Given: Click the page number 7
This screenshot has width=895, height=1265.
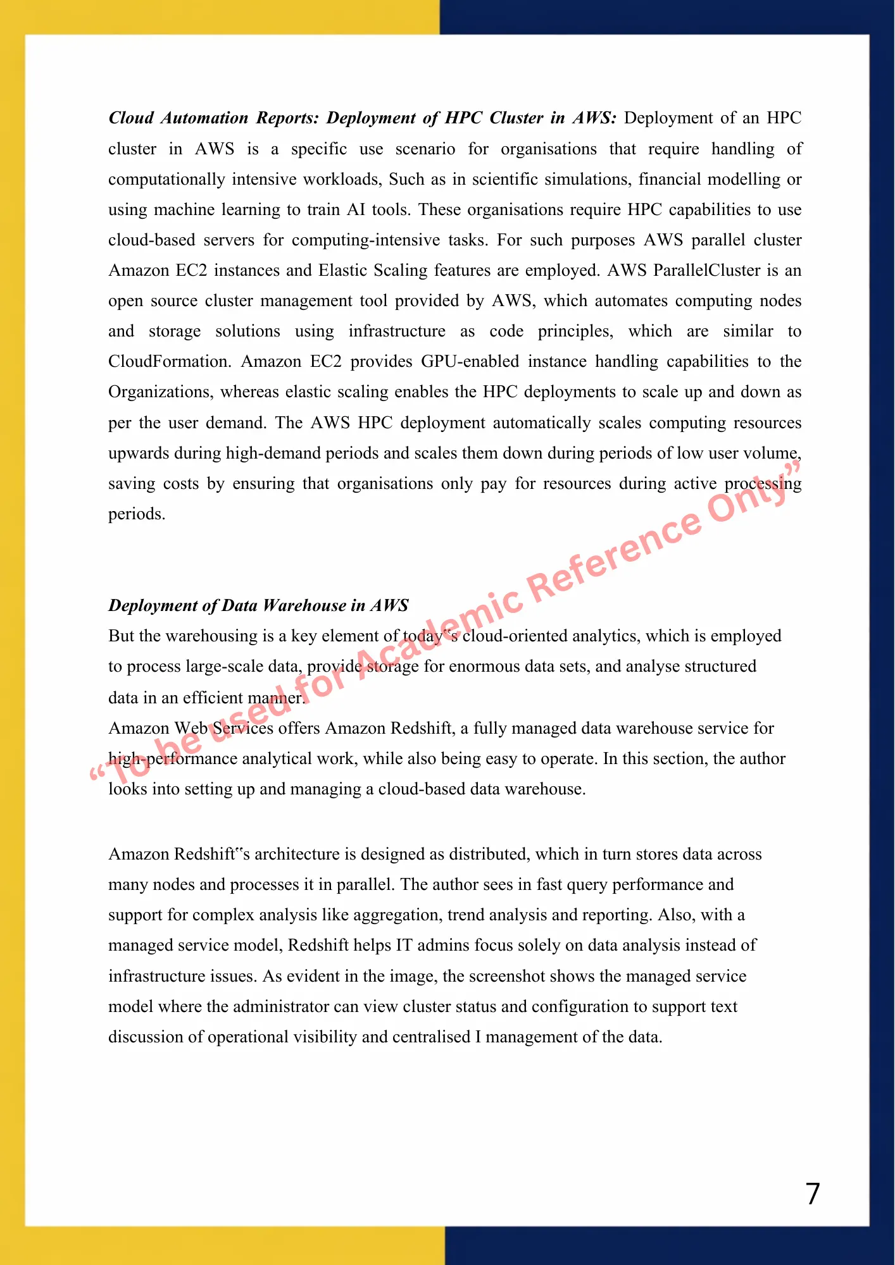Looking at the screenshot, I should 813,1194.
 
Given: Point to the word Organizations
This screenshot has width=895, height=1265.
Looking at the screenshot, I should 161,392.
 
